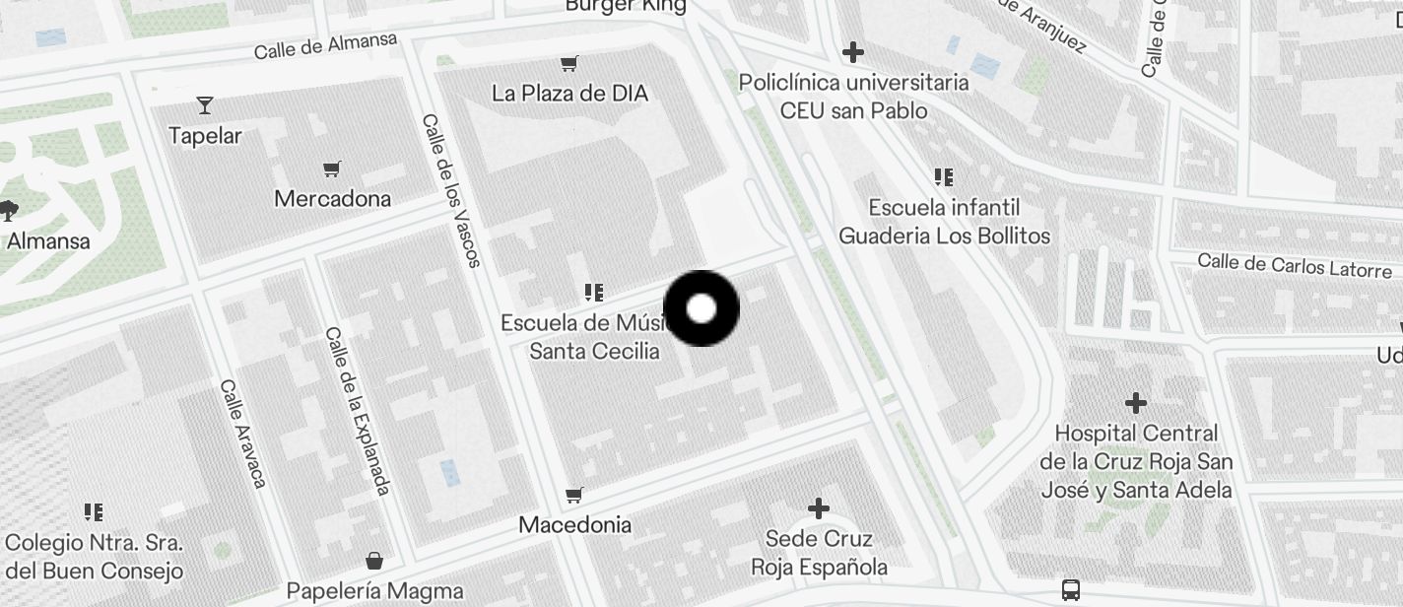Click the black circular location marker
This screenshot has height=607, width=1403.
[x=701, y=308]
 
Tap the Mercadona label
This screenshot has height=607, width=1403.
[x=332, y=198]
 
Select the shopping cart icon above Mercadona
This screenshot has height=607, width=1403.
[x=332, y=169]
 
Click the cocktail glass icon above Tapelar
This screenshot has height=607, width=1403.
[x=205, y=104]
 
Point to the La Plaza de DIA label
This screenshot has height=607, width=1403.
[x=569, y=94]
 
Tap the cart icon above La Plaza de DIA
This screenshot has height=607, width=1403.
[x=568, y=64]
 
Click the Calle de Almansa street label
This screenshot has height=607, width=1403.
[x=325, y=44]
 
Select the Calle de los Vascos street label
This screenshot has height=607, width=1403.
[x=451, y=190]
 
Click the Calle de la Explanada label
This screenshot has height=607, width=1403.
[x=358, y=410]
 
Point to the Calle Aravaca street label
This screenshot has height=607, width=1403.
[x=243, y=433]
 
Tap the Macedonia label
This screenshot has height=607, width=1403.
[x=574, y=524]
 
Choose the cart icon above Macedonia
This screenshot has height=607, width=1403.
[x=574, y=494]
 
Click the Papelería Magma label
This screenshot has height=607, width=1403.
[x=374, y=591]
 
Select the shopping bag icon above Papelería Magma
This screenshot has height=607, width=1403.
[x=374, y=561]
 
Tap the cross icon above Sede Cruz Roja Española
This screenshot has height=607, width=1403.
[x=819, y=508]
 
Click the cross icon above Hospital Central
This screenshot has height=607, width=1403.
[x=1136, y=402]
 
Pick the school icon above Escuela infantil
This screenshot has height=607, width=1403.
[x=944, y=177]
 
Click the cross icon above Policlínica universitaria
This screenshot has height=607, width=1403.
[x=853, y=51]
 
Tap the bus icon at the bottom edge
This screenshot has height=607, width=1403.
[x=1071, y=590]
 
